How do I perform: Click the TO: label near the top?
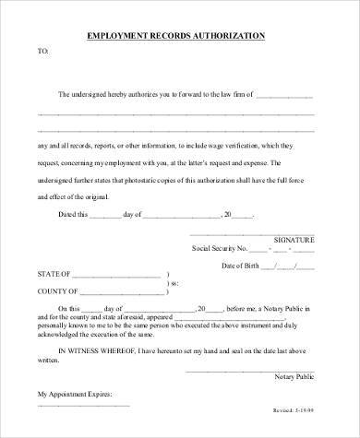tap(42, 52)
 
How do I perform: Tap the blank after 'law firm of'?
tap(284, 95)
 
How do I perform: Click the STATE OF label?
tap(53, 276)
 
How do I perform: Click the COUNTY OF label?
tap(56, 292)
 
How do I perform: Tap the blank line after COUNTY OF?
tap(120, 293)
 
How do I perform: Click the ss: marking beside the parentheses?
tap(174, 284)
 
